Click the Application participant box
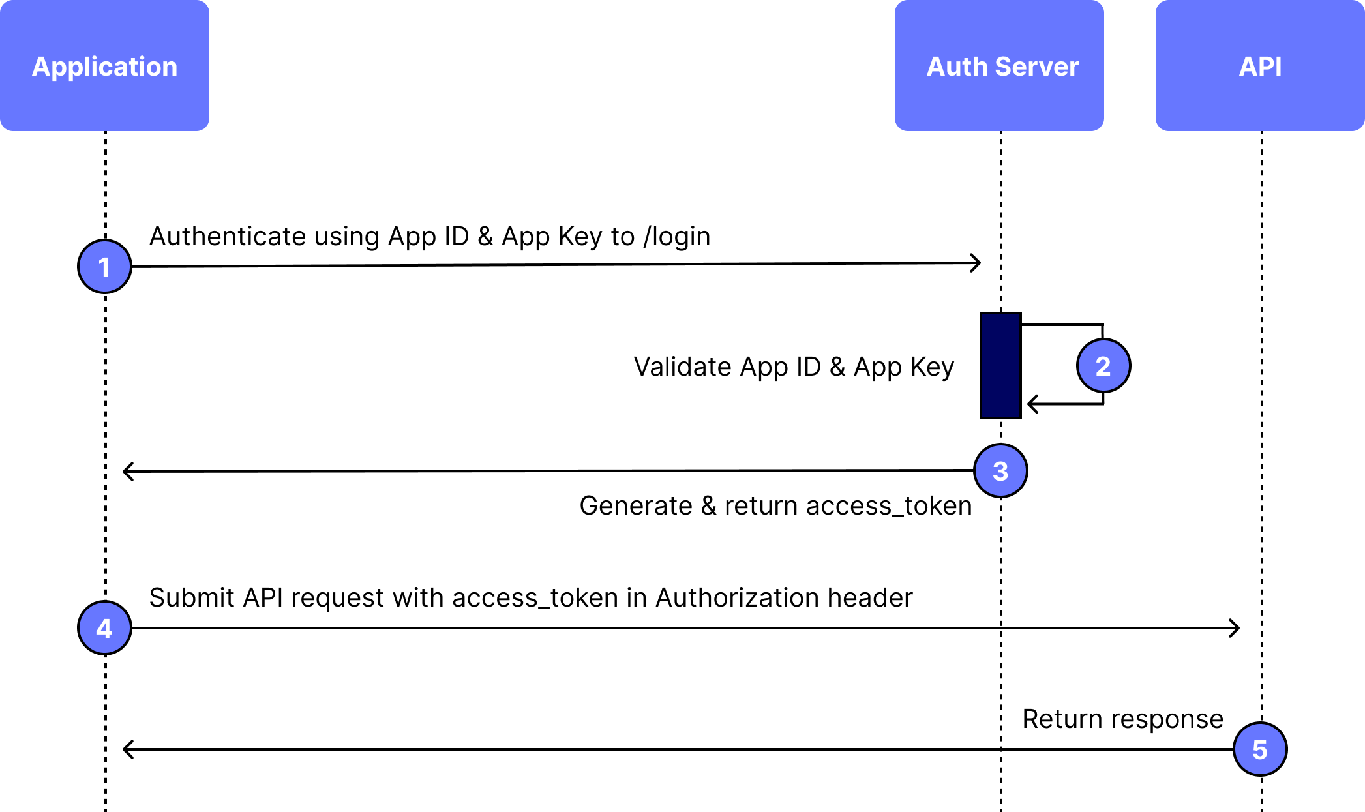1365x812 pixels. tap(104, 65)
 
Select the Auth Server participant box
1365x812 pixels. tap(999, 65)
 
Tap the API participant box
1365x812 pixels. tap(1260, 65)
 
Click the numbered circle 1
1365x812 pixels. tap(104, 267)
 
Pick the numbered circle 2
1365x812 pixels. tap(1103, 366)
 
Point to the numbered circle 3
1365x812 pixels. tap(1000, 471)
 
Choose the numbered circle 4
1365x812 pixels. tap(104, 628)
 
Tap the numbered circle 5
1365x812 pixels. tap(1260, 749)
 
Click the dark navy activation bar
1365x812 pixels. tap(1000, 365)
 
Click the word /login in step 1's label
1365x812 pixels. tap(676, 237)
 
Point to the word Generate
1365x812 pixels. tap(635, 505)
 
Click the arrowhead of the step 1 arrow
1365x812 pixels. tap(976, 263)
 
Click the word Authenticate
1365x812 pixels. tap(228, 236)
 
